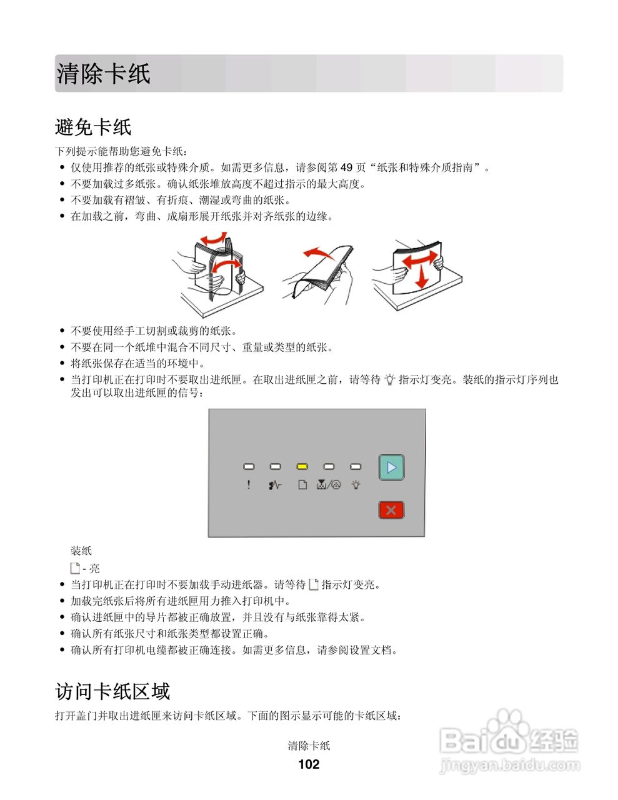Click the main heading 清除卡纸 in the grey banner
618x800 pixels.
click(103, 74)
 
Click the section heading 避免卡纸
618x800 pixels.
click(93, 127)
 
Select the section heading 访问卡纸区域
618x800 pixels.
click(112, 691)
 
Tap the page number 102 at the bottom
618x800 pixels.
click(309, 764)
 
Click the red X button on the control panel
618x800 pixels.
click(391, 510)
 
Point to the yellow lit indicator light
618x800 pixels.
click(302, 466)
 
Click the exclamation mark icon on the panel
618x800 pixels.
click(249, 484)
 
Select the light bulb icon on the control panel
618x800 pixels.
click(356, 484)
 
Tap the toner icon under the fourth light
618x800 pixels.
click(329, 484)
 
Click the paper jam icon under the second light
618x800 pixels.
click(275, 484)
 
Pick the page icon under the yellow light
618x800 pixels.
click(302, 484)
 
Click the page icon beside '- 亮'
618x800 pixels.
click(75, 568)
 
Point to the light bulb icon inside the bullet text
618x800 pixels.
click(390, 379)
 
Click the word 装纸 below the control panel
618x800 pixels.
click(81, 551)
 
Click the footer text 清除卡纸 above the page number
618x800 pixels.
click(309, 746)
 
